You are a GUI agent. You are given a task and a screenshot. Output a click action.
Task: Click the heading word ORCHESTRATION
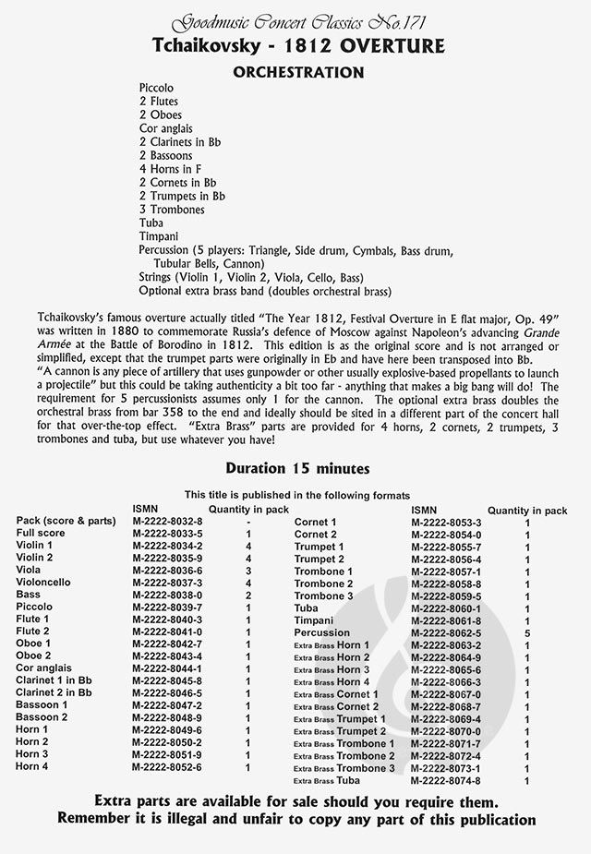pos(295,71)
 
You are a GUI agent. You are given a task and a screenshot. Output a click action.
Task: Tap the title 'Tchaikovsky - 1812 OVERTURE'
pos(295,46)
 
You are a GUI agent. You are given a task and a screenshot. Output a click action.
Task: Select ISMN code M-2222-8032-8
pos(167,522)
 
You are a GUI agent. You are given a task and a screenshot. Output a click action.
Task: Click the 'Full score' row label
pos(39,534)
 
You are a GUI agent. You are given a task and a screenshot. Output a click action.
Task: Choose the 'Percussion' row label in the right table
pos(322,632)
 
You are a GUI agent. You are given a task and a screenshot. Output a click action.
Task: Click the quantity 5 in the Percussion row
pos(527,633)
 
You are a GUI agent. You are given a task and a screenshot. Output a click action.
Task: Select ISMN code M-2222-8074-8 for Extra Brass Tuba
pos(446,780)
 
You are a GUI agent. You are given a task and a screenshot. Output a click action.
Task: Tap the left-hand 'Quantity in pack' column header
pos(248,509)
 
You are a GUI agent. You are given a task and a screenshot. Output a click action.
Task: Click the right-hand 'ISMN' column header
pos(425,509)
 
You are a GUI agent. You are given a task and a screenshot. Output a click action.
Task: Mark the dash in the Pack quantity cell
pos(248,522)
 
